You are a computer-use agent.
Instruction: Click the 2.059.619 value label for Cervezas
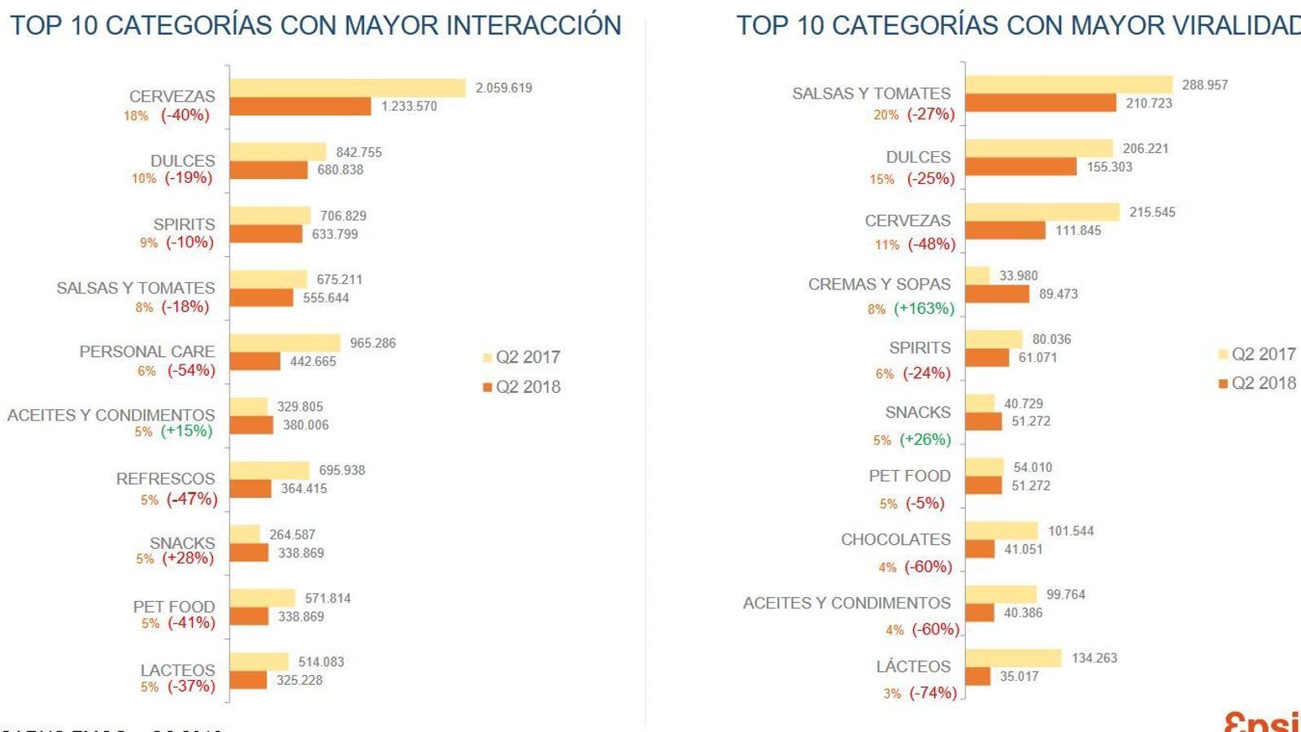coord(503,88)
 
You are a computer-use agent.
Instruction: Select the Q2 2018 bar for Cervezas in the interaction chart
coord(300,107)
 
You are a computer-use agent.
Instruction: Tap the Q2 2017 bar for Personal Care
coord(285,343)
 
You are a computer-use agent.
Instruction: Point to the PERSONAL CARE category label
coord(147,351)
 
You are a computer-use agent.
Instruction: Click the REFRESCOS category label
coord(165,479)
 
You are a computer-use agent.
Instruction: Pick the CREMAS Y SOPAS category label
coord(879,284)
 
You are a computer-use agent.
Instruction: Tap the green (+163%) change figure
coord(924,308)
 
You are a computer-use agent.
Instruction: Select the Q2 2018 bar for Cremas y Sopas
coord(997,294)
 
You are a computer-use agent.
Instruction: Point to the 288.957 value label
coord(1204,85)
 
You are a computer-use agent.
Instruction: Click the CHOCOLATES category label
coord(895,539)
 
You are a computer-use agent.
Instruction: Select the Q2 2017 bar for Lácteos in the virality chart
coord(1013,658)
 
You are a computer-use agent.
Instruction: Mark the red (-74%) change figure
coord(933,693)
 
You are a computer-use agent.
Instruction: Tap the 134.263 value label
coord(1094,658)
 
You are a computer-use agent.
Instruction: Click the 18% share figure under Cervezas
coord(136,116)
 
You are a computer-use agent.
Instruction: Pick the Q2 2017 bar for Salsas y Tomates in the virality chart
coord(1068,85)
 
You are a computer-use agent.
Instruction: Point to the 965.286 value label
coord(372,343)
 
